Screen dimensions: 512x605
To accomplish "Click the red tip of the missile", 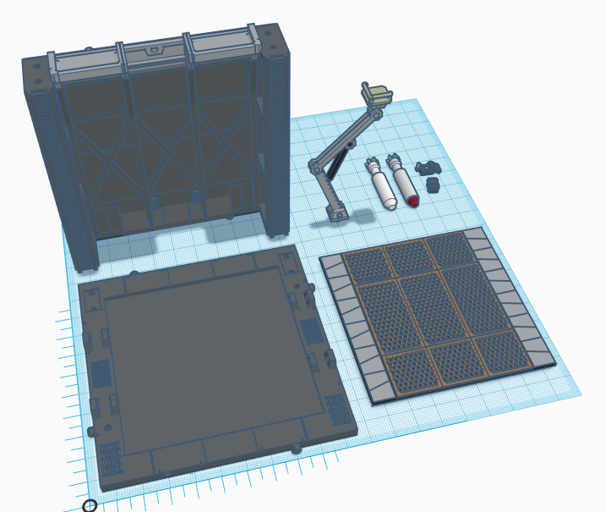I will [413, 201].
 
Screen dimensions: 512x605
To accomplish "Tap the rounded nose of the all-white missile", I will [390, 204].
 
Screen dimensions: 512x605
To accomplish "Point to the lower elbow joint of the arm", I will [315, 166].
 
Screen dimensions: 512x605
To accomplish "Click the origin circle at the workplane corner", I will [90, 505].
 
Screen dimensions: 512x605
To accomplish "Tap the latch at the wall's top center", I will [153, 52].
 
